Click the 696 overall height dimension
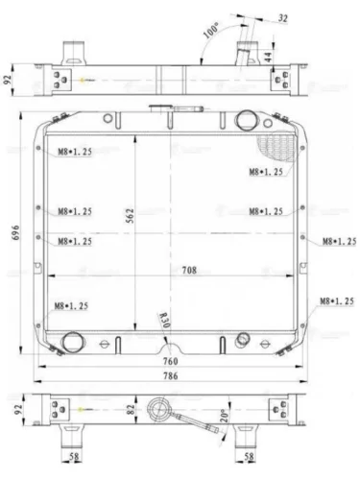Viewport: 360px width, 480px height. coord(16,232)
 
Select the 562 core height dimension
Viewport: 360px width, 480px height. coord(131,216)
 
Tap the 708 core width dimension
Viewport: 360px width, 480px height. coord(189,271)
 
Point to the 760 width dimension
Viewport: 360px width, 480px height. coord(170,361)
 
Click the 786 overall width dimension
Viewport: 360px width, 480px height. coord(170,375)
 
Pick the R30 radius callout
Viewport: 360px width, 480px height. coord(164,321)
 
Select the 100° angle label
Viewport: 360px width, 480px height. coord(210,31)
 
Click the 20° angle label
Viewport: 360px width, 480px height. coord(225,416)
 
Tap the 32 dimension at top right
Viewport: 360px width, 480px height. coord(282,18)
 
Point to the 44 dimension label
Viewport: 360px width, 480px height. coord(268,57)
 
